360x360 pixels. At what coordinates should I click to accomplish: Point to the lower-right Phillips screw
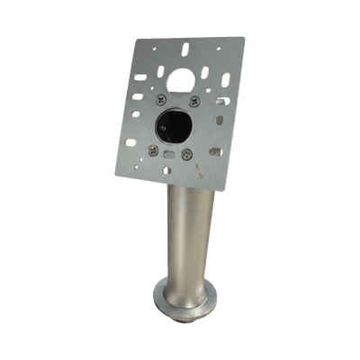pos(186,154)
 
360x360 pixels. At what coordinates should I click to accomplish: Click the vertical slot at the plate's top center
pos(184,47)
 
